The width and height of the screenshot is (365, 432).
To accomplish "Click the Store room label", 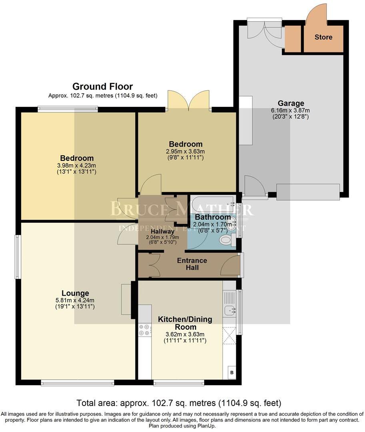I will [323, 37].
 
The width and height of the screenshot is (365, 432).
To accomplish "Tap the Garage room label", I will [291, 103].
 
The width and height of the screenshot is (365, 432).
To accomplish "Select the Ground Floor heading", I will [102, 86].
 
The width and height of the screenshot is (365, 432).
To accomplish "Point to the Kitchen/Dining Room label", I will [185, 323].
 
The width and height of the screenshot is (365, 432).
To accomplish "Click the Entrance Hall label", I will [192, 264].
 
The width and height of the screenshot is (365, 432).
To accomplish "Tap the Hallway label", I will [162, 231].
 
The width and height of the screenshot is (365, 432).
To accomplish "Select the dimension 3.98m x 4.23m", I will [77, 166].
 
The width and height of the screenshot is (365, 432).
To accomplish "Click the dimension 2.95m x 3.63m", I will [185, 152].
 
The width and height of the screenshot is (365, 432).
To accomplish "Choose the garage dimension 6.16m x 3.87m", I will [291, 110].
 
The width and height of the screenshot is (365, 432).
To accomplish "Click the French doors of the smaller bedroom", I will [189, 100].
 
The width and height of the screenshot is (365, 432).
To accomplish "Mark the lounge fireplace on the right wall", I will [126, 299].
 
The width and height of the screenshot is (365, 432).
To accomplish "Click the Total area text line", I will [179, 403].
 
